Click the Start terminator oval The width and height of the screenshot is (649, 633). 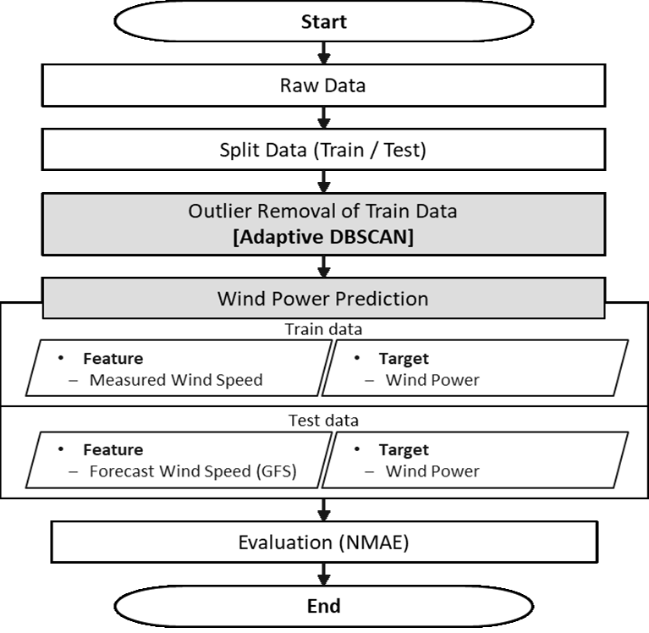(323, 23)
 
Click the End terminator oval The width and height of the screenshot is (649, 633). (323, 606)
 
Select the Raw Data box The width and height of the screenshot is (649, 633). (323, 85)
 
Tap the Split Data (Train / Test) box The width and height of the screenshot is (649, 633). (323, 151)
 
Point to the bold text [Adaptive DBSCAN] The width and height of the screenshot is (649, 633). (323, 238)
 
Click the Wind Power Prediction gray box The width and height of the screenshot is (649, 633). (323, 299)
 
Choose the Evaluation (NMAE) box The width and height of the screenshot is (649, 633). (323, 542)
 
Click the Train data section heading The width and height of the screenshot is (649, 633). (323, 328)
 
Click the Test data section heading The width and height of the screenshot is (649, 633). (323, 421)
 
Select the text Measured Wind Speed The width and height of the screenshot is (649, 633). (176, 380)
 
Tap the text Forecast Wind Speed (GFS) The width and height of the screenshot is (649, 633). (193, 471)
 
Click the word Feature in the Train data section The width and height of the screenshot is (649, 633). (113, 358)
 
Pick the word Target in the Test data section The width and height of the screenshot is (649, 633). (404, 450)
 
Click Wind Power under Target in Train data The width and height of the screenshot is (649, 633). (432, 380)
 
